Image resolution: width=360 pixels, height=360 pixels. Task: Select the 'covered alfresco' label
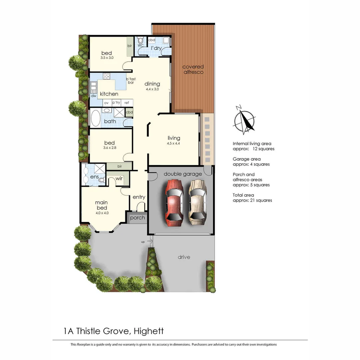click(x=193, y=69)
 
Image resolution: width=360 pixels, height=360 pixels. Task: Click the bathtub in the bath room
click(x=96, y=118)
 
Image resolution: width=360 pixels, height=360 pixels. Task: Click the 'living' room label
click(x=174, y=138)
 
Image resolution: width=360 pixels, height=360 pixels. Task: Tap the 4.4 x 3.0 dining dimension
click(x=152, y=89)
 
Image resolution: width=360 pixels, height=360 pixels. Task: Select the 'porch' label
click(x=137, y=218)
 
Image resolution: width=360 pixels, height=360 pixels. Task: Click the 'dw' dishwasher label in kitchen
click(x=94, y=96)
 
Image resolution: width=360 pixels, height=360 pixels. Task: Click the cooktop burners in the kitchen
click(x=107, y=77)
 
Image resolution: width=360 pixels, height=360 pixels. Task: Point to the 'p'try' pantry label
click(x=116, y=103)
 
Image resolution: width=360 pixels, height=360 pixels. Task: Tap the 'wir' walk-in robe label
click(x=119, y=179)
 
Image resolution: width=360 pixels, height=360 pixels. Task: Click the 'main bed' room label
click(x=101, y=205)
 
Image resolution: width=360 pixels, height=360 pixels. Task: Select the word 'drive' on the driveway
click(x=184, y=257)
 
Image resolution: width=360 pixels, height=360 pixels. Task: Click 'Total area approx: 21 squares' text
click(x=252, y=198)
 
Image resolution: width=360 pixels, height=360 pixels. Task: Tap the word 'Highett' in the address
click(x=148, y=331)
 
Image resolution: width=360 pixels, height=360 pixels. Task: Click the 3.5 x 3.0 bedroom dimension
click(x=107, y=58)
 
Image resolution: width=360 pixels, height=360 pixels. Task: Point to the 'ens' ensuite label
click(x=94, y=177)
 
